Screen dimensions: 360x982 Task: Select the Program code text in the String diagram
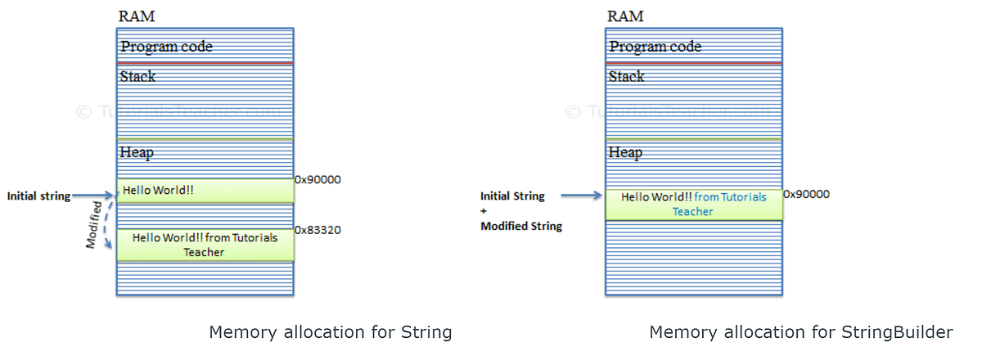(166, 47)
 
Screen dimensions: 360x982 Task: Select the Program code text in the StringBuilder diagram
(655, 47)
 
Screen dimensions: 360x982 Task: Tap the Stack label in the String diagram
(137, 77)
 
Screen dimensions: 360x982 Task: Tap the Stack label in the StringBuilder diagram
(626, 77)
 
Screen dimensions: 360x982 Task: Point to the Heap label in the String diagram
(136, 152)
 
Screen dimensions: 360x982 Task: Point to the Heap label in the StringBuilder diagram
(625, 152)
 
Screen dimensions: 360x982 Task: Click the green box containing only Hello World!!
(205, 191)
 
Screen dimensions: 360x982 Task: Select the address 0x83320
(318, 230)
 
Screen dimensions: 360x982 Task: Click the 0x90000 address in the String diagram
(318, 180)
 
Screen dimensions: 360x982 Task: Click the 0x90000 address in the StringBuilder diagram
(806, 195)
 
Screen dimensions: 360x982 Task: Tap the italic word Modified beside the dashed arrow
(96, 223)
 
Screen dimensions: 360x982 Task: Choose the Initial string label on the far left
(38, 196)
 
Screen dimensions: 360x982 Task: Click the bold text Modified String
(520, 226)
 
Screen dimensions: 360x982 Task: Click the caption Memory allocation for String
(330, 332)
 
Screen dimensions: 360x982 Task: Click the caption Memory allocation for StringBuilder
(800, 332)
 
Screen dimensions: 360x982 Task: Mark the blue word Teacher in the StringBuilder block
(692, 211)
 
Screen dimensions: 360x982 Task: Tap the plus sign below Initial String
(484, 211)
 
